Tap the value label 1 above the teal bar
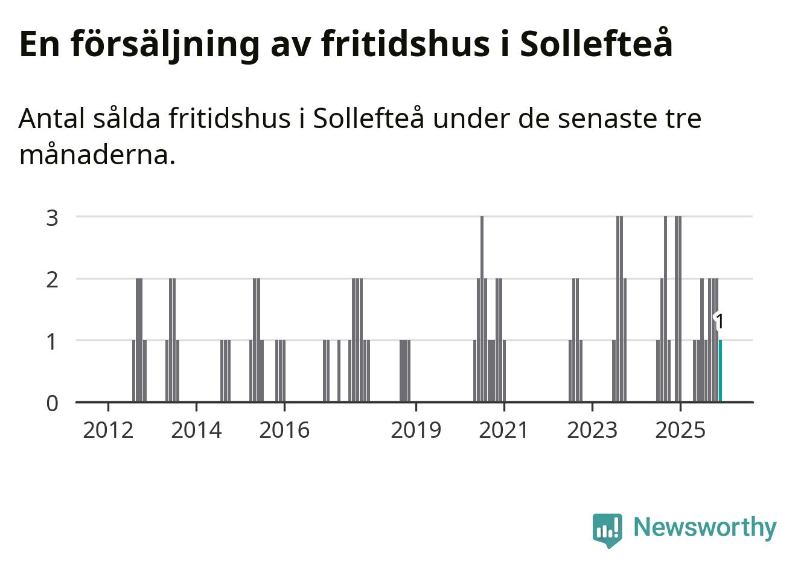(x=719, y=322)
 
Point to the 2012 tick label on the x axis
(x=108, y=430)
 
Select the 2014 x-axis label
(x=196, y=430)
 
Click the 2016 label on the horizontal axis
(x=284, y=430)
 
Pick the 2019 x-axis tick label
(x=416, y=430)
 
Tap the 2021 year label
(x=503, y=430)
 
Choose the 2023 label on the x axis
(x=592, y=430)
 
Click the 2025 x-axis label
(x=680, y=430)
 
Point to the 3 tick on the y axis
(x=53, y=217)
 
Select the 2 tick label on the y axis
(x=53, y=280)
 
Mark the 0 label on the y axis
(x=53, y=403)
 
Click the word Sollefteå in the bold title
(x=596, y=43)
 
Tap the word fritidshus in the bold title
(x=405, y=43)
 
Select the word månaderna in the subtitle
(x=97, y=155)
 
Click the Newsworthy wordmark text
(x=704, y=527)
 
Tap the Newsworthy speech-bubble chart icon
(x=607, y=530)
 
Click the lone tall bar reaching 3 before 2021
(x=482, y=308)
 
